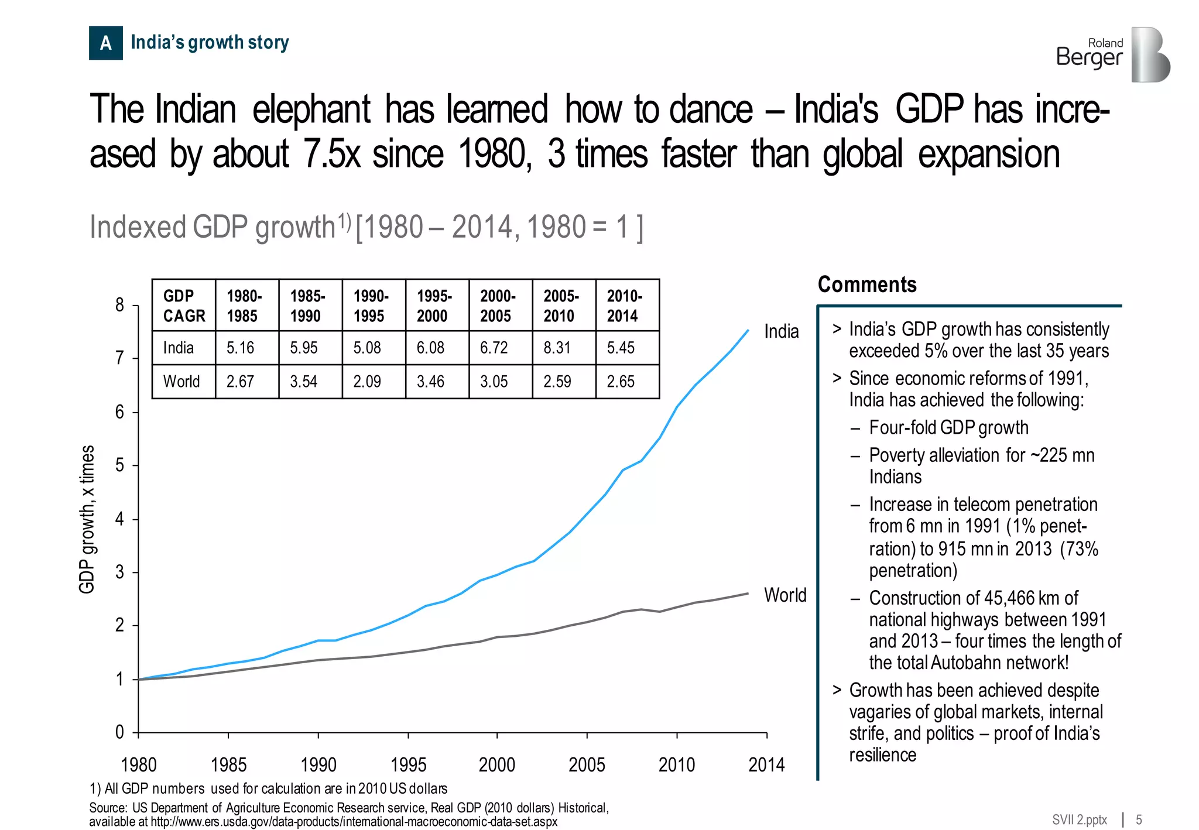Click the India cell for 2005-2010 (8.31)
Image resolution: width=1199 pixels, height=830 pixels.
[x=557, y=348]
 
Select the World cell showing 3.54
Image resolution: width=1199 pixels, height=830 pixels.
[x=303, y=382]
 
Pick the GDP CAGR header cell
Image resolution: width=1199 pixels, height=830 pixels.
[x=184, y=306]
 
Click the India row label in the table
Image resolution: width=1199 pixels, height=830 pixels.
[x=179, y=348]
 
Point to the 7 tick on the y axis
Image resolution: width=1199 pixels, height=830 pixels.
[x=119, y=358]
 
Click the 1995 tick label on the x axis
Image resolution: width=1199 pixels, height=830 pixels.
[x=408, y=764]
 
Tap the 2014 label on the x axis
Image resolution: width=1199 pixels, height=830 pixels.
[x=766, y=764]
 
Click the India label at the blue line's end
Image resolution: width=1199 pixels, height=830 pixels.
[x=781, y=331]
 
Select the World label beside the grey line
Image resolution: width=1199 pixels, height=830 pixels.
[x=785, y=595]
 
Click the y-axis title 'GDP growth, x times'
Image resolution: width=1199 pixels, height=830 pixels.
[x=87, y=519]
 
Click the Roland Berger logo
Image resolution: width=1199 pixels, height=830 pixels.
[x=1112, y=54]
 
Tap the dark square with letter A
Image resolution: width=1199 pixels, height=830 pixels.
[x=106, y=43]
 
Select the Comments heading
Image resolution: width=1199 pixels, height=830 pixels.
[x=866, y=284]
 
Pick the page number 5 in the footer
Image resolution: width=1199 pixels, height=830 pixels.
[x=1139, y=819]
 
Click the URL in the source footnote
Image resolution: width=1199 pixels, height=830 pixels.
[x=354, y=821]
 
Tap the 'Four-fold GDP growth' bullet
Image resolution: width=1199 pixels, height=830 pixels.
[x=948, y=427]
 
